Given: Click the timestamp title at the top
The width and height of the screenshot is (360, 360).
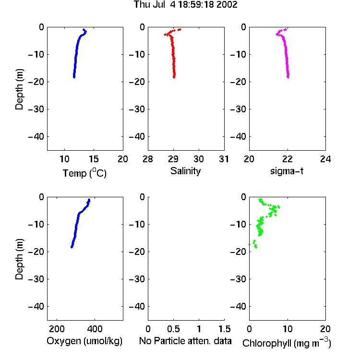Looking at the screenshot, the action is [185, 4].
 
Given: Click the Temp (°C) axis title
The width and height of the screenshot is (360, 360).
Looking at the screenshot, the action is [84, 173].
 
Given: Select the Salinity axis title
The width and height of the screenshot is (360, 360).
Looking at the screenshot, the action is [185, 171].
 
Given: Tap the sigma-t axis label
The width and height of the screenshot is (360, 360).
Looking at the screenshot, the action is [287, 171].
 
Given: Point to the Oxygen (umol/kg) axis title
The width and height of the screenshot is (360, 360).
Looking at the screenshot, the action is [84, 341].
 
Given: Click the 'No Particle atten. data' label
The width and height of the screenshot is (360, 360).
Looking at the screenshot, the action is [185, 341].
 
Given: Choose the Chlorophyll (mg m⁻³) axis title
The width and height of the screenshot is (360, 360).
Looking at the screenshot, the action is [287, 343].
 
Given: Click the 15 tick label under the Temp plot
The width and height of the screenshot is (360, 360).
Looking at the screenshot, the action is [94, 159].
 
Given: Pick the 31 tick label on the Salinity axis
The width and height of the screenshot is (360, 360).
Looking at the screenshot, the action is [224, 159].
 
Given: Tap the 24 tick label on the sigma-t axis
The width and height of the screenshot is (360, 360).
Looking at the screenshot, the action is [325, 159].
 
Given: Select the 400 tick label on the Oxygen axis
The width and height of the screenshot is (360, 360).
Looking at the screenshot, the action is [95, 329].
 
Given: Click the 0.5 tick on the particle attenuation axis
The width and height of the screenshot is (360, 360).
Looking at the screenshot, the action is [173, 329].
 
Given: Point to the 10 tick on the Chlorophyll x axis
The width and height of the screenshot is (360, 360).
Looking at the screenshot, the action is [288, 329].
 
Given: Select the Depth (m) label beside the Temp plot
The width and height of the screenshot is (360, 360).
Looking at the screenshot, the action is [19, 89].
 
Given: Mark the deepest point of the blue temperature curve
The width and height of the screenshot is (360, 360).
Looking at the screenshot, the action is [74, 77].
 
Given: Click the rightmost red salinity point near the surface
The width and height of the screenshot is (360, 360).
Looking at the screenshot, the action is [180, 29].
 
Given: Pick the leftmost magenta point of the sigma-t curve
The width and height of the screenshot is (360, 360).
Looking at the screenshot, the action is [277, 35].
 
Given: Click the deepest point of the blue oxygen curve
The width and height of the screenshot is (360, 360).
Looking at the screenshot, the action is [72, 247].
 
